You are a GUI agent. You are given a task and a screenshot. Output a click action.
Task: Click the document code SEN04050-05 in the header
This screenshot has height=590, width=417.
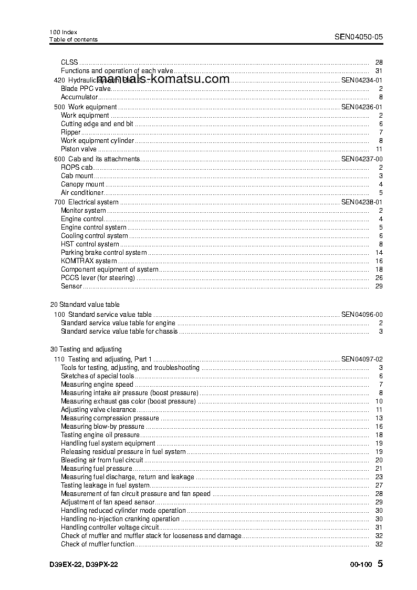359,37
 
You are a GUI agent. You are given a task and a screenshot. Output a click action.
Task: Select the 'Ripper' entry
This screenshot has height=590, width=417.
71,132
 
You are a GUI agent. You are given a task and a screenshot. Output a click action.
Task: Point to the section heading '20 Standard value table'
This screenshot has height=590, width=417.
85,305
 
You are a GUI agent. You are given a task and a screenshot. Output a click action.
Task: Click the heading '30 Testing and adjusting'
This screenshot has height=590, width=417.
86,349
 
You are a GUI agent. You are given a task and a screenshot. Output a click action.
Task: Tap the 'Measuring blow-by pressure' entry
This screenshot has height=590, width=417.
102,427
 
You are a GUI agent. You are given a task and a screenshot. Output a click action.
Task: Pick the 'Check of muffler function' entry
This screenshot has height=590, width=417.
98,544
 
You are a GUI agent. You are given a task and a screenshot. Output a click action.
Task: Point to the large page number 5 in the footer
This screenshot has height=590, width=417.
380,564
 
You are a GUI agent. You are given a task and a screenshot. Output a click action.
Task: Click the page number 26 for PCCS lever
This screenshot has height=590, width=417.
379,278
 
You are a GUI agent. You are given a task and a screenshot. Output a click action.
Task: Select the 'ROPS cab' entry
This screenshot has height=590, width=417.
77,168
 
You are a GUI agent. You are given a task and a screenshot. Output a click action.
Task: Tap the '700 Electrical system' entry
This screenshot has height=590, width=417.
87,202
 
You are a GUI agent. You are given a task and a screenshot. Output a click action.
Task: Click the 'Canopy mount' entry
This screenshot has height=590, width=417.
82,184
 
